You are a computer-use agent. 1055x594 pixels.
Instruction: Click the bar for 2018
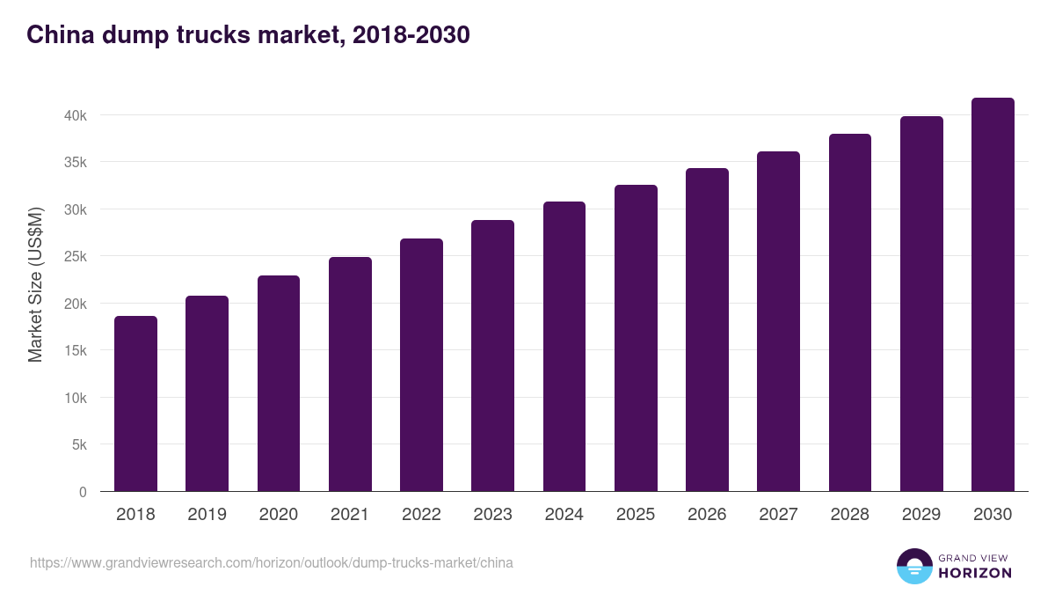tap(135, 404)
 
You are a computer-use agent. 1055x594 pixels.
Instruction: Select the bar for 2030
tap(993, 295)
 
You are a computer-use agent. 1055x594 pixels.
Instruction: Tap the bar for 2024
tap(564, 347)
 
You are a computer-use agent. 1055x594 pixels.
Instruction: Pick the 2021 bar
tap(350, 374)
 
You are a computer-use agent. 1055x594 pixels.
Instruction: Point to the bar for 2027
tap(778, 321)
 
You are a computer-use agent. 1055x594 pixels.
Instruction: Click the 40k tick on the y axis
tap(75, 115)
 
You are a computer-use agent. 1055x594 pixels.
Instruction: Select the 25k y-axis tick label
tap(75, 256)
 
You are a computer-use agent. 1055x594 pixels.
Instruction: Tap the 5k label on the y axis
tap(78, 444)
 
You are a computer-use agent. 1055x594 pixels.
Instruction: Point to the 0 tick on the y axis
tap(83, 492)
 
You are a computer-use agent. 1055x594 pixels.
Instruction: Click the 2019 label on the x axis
tap(207, 515)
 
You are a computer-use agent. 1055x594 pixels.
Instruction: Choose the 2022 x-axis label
tap(421, 515)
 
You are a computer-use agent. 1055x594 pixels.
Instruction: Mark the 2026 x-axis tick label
tap(707, 515)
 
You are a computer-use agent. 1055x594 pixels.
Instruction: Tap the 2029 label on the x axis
tap(921, 515)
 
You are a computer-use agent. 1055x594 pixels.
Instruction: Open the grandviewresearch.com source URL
tap(272, 562)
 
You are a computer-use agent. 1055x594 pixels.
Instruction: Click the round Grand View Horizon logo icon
tap(913, 566)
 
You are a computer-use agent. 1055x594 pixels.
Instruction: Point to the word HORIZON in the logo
tap(975, 573)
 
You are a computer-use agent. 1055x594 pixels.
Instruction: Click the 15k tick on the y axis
tap(75, 350)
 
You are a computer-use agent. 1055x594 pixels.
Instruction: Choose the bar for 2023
tap(492, 356)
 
